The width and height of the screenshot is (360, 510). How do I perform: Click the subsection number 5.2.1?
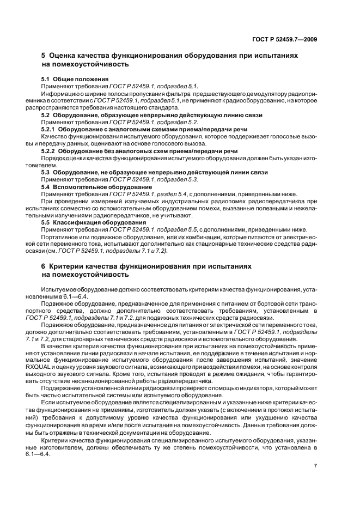point(50,129)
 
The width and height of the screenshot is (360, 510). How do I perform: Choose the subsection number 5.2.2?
point(50,150)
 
